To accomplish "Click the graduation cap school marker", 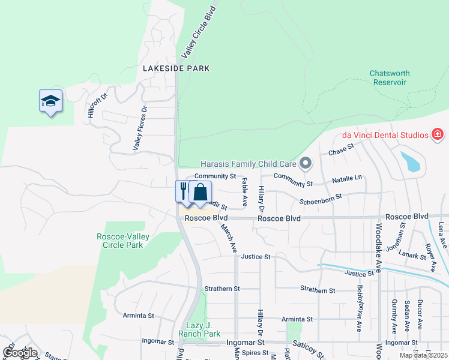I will click(x=51, y=102).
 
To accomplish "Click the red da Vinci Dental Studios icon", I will click(x=438, y=134).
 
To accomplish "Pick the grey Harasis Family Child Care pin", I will click(x=306, y=163).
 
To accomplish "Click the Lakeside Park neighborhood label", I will click(x=176, y=68).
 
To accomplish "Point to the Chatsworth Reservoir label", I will click(x=390, y=77).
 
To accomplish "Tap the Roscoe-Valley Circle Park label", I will click(x=123, y=241).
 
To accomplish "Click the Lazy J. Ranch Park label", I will click(x=199, y=329).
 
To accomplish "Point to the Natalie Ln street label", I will click(x=348, y=179).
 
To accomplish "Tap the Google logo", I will click(x=20, y=353).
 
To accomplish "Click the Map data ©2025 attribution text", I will click(x=423, y=355).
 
